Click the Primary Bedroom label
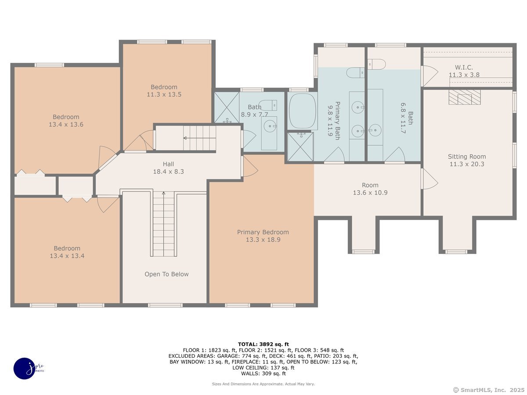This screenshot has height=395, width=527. [x=263, y=232]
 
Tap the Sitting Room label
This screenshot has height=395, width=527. [x=467, y=157]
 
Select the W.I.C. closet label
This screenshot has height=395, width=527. [x=464, y=68]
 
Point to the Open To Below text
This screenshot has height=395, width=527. [x=166, y=274]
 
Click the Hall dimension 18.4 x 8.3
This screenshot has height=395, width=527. [x=169, y=172]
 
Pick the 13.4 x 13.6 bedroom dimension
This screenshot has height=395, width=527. [x=66, y=124]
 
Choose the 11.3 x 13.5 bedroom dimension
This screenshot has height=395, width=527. [x=164, y=94]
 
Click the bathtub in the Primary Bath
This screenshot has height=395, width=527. [x=302, y=111]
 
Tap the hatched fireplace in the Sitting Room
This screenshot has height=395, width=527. [x=465, y=97]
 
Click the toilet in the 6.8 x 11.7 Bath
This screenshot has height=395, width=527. [x=377, y=64]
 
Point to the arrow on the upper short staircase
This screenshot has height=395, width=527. [x=199, y=138]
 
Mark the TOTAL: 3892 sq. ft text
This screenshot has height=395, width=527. [x=263, y=345]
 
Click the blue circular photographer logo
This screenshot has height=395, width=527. [x=25, y=368]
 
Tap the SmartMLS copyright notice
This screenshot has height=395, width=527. [x=489, y=390]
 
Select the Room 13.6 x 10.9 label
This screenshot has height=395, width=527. [x=370, y=189]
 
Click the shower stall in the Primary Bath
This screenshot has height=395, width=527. [x=300, y=146]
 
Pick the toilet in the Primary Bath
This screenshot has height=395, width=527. [x=355, y=72]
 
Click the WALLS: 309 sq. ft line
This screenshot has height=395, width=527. [x=263, y=373]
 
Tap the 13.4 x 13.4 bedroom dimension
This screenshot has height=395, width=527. [x=67, y=256]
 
